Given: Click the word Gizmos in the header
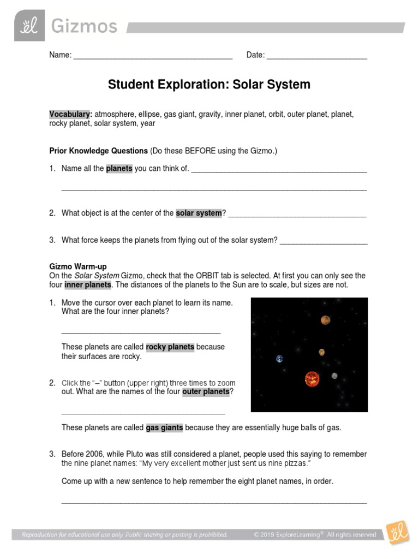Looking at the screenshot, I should [x=84, y=26].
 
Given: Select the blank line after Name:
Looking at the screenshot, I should [x=153, y=56].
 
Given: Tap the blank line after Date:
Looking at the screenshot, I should [x=316, y=56].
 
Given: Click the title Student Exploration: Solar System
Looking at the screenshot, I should [x=209, y=85].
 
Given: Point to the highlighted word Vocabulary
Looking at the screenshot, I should [x=70, y=114].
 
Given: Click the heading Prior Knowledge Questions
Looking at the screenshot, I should [x=98, y=150].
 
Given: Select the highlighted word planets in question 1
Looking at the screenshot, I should [x=119, y=168].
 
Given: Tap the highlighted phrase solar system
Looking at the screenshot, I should [x=199, y=213].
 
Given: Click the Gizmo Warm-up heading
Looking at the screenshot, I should [x=78, y=266].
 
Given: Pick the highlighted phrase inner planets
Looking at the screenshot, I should [x=88, y=285].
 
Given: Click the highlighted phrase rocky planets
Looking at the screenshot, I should [x=170, y=347].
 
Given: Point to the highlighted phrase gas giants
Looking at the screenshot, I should [x=164, y=427].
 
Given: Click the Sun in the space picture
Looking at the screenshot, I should [x=312, y=378].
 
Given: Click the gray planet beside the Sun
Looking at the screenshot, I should [x=334, y=376].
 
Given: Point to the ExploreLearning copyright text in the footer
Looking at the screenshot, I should [x=315, y=535].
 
